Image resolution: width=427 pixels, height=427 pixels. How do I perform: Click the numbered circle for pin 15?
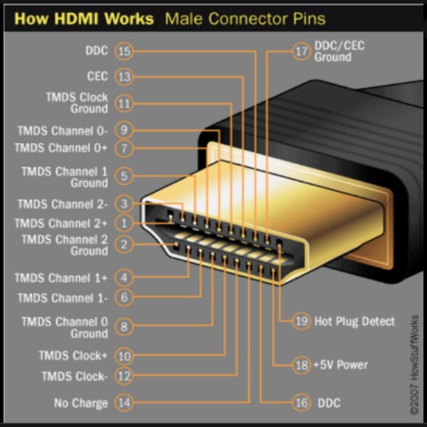pyautogui.click(x=124, y=51)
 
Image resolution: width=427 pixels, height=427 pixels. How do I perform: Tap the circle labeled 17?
pyautogui.click(x=301, y=51)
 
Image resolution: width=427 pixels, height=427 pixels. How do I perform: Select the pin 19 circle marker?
pyautogui.click(x=301, y=321)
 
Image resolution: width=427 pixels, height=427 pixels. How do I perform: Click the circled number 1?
pyautogui.click(x=124, y=223)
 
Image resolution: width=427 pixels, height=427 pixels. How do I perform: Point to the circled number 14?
pyautogui.click(x=124, y=403)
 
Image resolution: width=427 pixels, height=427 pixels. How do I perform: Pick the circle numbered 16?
pyautogui.click(x=301, y=403)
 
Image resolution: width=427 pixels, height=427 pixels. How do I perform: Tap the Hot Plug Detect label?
pyautogui.click(x=354, y=321)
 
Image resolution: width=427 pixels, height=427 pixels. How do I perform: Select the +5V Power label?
pyautogui.click(x=340, y=365)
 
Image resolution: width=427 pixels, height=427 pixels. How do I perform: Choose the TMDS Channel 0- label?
pyautogui.click(x=62, y=131)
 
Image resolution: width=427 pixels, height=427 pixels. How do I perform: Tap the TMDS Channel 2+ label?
pyautogui.click(x=62, y=223)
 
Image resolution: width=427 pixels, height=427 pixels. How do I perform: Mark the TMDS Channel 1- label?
pyautogui.click(x=62, y=298)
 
